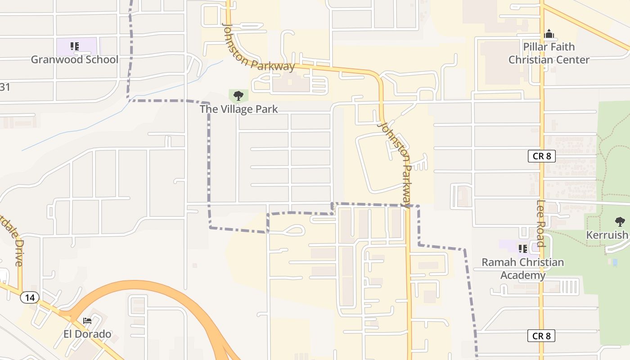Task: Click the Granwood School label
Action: (75, 59)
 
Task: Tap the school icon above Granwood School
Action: (75, 46)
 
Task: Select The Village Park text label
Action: (238, 109)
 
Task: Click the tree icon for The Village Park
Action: (238, 95)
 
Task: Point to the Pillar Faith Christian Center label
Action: (549, 53)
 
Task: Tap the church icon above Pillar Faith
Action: (549, 34)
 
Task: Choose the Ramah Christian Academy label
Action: (523, 269)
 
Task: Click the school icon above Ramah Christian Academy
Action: (522, 248)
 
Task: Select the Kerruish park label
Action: (607, 235)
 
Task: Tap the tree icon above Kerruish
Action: (620, 221)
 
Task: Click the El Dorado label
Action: (87, 334)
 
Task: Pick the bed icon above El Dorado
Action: (87, 320)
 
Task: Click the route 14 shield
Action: (30, 297)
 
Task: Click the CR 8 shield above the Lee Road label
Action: (542, 156)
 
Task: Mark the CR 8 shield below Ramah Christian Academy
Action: (541, 336)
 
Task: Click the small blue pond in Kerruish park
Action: (615, 262)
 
